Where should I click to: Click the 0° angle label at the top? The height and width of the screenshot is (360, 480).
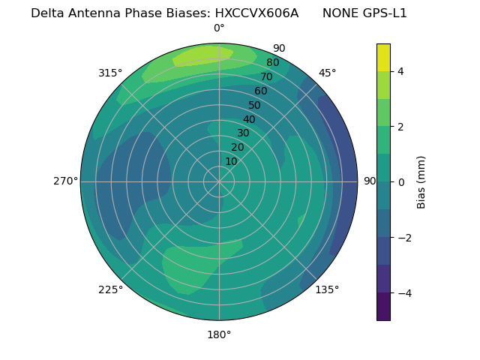219,28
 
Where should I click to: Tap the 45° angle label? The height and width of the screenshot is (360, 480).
327,73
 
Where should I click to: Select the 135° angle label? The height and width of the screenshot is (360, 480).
327,289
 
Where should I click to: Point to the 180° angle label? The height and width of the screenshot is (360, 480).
219,334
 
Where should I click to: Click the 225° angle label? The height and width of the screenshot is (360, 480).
110,289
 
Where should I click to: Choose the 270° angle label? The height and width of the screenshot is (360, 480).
65,181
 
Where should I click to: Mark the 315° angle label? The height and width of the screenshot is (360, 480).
110,73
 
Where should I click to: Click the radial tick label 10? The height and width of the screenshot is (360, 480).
231,161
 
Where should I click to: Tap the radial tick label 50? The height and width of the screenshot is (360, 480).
254,106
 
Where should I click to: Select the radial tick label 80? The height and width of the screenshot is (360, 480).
272,63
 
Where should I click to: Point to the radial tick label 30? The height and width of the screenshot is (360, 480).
243,133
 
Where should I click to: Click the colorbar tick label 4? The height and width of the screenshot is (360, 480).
400,71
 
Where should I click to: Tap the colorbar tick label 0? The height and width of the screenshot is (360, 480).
400,182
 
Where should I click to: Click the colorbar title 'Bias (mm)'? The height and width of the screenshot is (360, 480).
421,182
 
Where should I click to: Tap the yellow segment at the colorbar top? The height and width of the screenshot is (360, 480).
383,57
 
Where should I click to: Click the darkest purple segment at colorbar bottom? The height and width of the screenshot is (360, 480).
383,306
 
